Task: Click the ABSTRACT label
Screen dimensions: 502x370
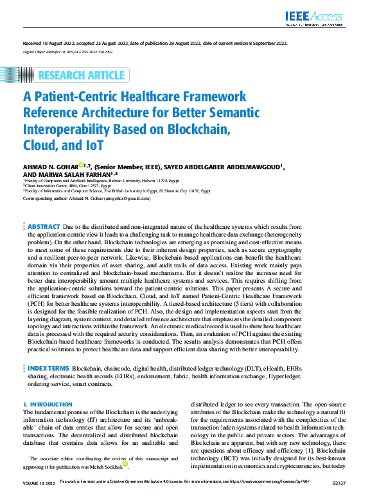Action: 44,226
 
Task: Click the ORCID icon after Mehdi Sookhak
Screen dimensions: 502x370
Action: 126,464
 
